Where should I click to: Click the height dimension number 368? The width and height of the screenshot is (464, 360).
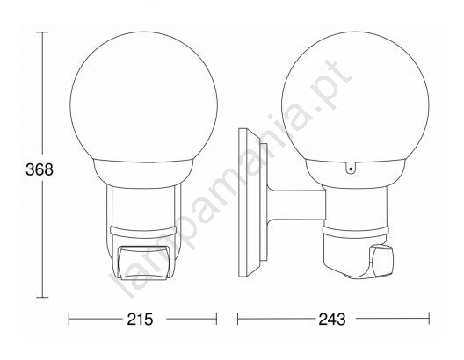(x=40, y=169)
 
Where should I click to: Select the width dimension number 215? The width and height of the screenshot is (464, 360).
(x=140, y=320)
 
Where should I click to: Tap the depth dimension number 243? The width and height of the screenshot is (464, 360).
(x=332, y=320)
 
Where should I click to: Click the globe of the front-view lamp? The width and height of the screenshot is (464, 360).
(x=144, y=97)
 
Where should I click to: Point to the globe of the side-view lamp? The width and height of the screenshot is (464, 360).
(x=355, y=97)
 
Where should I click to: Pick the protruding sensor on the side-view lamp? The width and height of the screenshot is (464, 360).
(x=382, y=261)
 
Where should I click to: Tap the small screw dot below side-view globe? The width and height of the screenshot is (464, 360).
(x=351, y=169)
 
